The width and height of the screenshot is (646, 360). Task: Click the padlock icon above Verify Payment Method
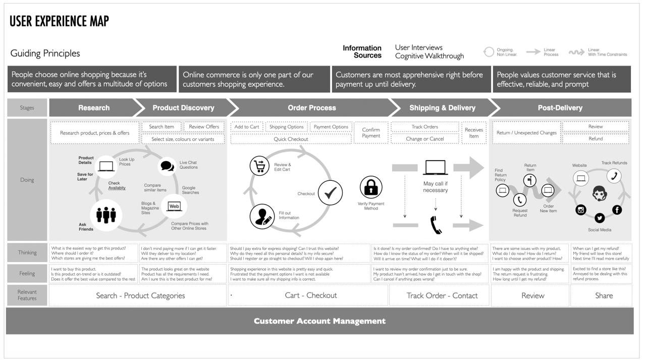(x=371, y=187)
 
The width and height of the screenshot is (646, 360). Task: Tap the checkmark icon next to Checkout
(x=331, y=192)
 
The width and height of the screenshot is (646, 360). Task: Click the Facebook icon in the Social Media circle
(x=617, y=210)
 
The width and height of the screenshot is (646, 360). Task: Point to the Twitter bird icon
(x=599, y=218)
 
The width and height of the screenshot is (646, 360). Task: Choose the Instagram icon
(x=581, y=210)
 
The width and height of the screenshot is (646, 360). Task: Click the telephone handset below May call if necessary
(x=436, y=225)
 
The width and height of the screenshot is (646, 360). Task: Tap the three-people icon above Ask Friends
(x=106, y=215)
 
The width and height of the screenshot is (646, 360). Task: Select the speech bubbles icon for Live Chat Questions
(x=167, y=166)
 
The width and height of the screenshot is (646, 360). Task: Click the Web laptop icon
(x=174, y=207)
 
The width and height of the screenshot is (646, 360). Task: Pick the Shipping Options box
(x=286, y=127)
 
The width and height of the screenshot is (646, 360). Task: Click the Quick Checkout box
(x=291, y=139)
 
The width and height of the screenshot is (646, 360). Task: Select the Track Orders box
(x=424, y=127)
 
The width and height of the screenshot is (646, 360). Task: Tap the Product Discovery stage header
(x=183, y=108)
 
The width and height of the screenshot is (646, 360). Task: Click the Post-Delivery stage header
(x=560, y=108)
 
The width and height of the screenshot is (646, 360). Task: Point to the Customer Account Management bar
(x=319, y=321)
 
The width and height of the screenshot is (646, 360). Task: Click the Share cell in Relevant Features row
(x=603, y=295)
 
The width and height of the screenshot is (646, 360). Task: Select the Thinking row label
(x=27, y=252)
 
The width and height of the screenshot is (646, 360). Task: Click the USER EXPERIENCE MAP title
(x=59, y=21)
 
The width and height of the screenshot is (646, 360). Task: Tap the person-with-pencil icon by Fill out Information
(x=262, y=216)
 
